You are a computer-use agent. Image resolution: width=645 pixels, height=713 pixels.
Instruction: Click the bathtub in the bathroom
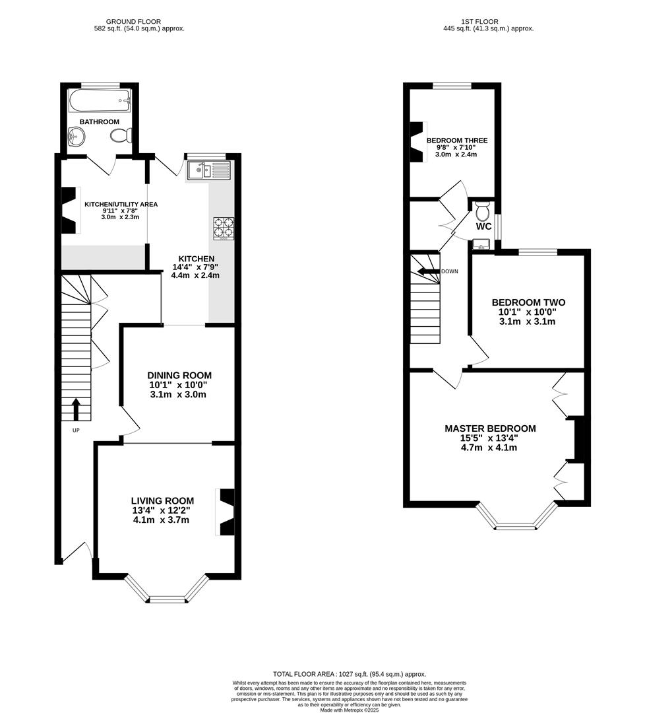tap(99, 102)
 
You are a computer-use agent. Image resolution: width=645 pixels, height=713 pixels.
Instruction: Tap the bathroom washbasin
tap(77, 137)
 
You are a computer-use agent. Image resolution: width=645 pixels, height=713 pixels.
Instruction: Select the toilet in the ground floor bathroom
tap(121, 136)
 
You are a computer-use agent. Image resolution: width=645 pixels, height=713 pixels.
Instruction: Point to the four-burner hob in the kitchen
tap(222, 228)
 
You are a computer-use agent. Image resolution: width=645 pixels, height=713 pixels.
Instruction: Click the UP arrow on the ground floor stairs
tap(75, 409)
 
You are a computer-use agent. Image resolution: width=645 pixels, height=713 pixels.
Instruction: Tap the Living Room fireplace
tap(226, 511)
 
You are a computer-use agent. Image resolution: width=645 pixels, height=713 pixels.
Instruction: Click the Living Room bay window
tap(167, 592)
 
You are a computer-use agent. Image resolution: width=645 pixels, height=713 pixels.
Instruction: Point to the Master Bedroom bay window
tap(516, 521)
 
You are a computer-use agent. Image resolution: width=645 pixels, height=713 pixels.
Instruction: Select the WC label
tap(483, 226)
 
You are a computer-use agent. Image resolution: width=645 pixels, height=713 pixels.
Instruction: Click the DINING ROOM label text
tap(179, 375)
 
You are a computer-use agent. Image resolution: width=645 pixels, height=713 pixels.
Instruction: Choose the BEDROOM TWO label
tap(528, 302)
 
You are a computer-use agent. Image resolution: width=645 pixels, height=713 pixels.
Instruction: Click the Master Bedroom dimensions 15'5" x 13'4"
tap(489, 438)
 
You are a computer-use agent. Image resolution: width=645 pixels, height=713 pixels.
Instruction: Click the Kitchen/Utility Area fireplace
tap(69, 211)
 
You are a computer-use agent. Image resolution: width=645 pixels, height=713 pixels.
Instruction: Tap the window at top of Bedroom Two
tap(537, 252)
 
